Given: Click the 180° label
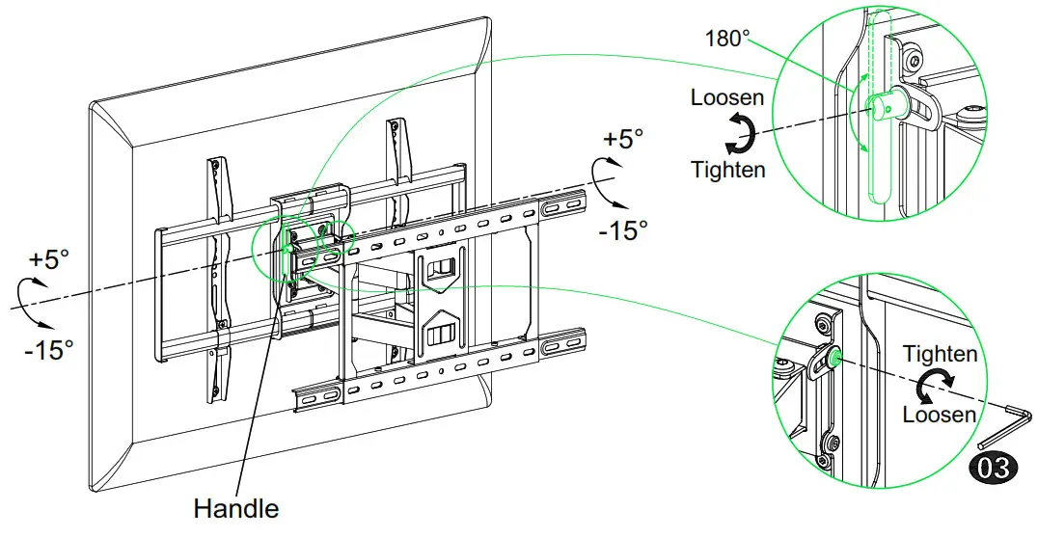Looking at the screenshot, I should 728,39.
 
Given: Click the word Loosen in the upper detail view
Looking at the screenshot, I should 727,97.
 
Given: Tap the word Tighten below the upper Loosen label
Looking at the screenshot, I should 727,169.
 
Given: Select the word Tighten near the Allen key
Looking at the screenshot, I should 940,354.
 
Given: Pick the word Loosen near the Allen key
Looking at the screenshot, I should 939,415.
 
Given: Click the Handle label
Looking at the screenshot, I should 236,508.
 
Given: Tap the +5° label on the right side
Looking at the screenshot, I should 622,139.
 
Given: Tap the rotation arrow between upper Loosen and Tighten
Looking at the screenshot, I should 739,133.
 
